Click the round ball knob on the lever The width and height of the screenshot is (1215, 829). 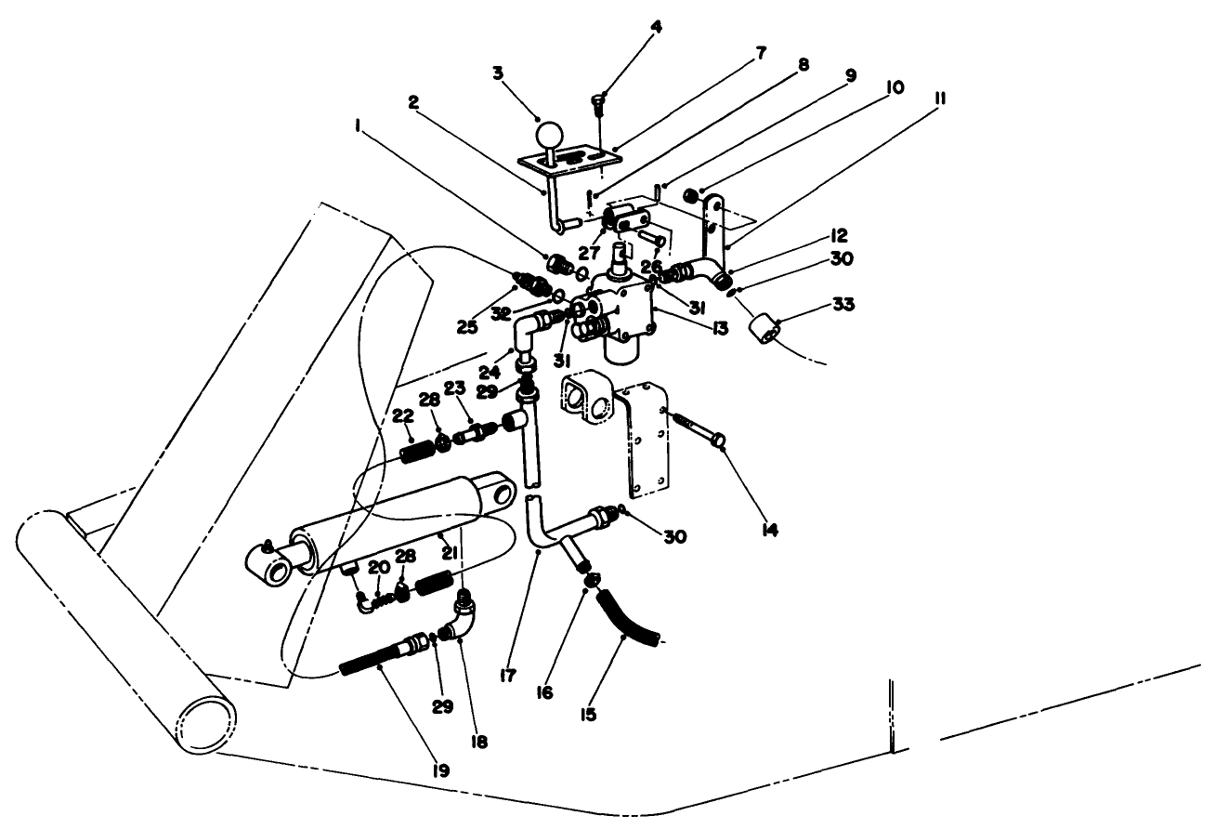click(552, 134)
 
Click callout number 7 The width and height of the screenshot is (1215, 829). click(761, 53)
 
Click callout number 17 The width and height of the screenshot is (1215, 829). click(508, 677)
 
